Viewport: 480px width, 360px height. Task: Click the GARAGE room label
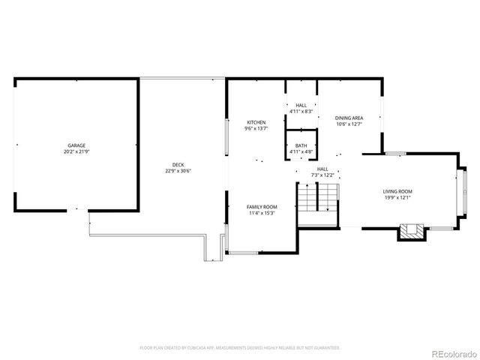tap(76, 145)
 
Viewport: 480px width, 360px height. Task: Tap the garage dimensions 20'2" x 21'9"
tap(76, 152)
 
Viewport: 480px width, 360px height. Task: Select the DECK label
tap(178, 165)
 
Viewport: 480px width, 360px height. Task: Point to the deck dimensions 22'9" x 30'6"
tap(178, 172)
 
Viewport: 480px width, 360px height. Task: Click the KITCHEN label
tap(256, 122)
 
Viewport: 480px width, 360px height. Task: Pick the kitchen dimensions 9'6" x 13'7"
tap(256, 129)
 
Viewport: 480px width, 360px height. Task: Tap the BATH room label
tap(301, 145)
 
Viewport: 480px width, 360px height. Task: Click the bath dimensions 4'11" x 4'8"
tap(301, 152)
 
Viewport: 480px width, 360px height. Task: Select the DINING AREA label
tap(349, 118)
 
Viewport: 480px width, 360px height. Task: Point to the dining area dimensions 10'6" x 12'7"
tap(349, 124)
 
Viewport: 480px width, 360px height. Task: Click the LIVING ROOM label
tap(397, 191)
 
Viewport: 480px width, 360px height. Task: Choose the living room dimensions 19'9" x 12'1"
tap(397, 199)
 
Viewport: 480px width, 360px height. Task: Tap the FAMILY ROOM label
tap(262, 206)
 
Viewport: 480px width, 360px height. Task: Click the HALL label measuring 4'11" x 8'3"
tap(301, 105)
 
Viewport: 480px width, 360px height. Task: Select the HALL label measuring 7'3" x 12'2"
tap(322, 169)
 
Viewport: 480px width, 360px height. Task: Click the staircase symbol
tap(318, 197)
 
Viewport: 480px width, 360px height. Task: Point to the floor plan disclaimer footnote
tap(240, 348)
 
